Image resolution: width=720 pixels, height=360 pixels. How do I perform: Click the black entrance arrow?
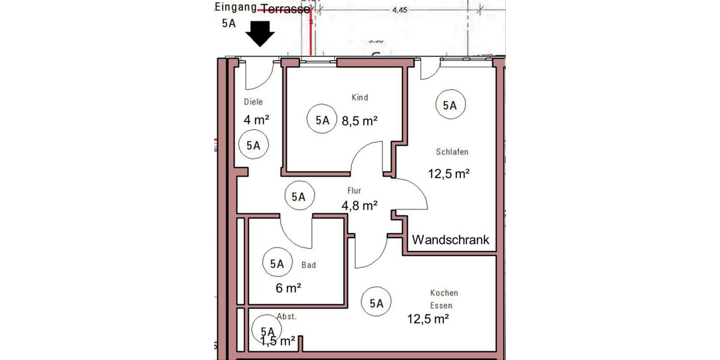click(262, 34)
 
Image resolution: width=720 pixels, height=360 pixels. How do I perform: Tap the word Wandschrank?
click(450, 240)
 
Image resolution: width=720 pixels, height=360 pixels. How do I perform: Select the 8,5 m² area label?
click(359, 121)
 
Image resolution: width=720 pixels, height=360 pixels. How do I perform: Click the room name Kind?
click(359, 97)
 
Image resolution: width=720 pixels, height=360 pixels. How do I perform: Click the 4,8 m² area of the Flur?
click(359, 205)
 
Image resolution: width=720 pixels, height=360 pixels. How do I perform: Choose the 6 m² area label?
click(288, 288)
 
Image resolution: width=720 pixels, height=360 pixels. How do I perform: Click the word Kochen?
click(444, 293)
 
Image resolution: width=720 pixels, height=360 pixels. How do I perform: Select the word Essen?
click(441, 305)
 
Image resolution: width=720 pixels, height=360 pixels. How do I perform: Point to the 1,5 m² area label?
click(277, 341)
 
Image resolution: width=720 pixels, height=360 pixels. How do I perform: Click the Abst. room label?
click(286, 317)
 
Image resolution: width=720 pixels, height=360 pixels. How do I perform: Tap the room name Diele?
click(253, 102)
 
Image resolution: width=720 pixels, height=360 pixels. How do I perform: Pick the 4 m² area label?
click(256, 119)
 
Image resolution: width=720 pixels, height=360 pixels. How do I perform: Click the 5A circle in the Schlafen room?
click(450, 105)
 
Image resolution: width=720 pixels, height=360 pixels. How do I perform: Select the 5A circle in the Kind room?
click(322, 120)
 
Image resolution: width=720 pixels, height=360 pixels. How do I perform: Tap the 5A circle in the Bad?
click(277, 263)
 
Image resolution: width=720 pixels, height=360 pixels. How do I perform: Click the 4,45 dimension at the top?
click(400, 10)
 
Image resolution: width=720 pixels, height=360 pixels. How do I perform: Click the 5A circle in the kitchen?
click(376, 304)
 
